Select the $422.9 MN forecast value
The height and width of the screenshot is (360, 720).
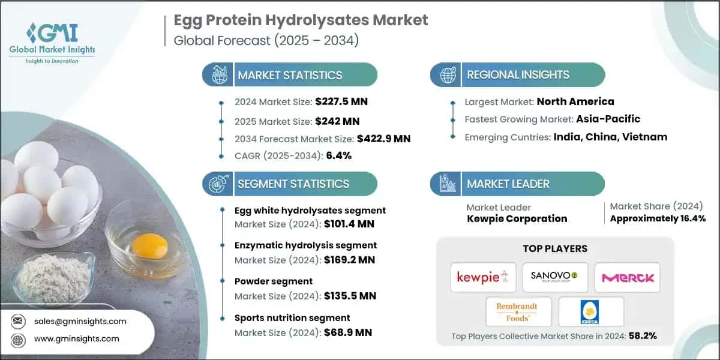click(383, 139)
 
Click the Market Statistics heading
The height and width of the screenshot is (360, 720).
click(290, 75)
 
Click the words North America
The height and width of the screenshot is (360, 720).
click(575, 101)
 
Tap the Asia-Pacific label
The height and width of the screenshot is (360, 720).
click(608, 119)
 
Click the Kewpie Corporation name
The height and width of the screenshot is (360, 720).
click(517, 218)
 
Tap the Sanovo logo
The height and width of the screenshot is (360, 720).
click(554, 277)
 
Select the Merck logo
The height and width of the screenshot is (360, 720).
click(626, 277)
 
